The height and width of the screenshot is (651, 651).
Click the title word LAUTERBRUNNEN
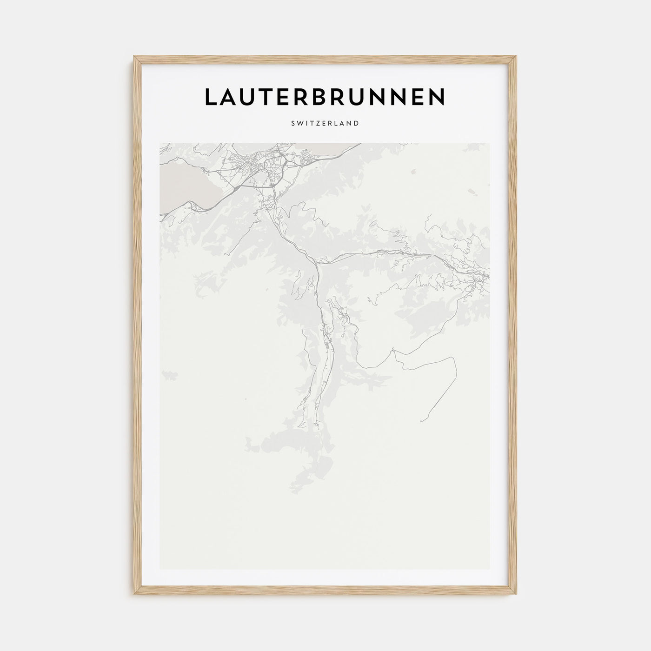point(325,97)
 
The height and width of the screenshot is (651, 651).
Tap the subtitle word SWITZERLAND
point(325,124)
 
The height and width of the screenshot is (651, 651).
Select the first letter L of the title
point(210,97)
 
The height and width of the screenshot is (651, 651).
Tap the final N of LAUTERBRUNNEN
point(437,97)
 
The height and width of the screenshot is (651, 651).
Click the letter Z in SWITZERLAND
point(317,124)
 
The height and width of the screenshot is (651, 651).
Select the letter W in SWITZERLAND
point(300,124)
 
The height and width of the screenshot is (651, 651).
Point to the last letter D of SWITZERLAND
point(356,124)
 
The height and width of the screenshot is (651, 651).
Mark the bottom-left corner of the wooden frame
point(134,595)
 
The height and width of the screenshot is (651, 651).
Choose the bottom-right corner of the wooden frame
point(517,595)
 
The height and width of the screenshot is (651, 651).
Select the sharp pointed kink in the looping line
point(394,352)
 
